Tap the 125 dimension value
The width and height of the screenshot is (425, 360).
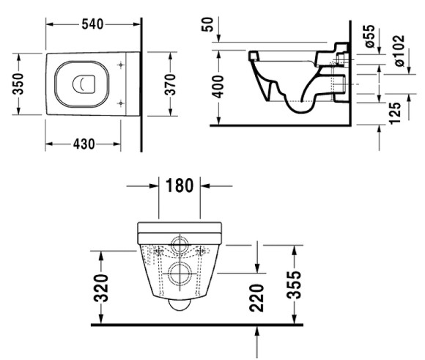point(395,110)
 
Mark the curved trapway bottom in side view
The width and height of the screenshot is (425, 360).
point(297,108)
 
